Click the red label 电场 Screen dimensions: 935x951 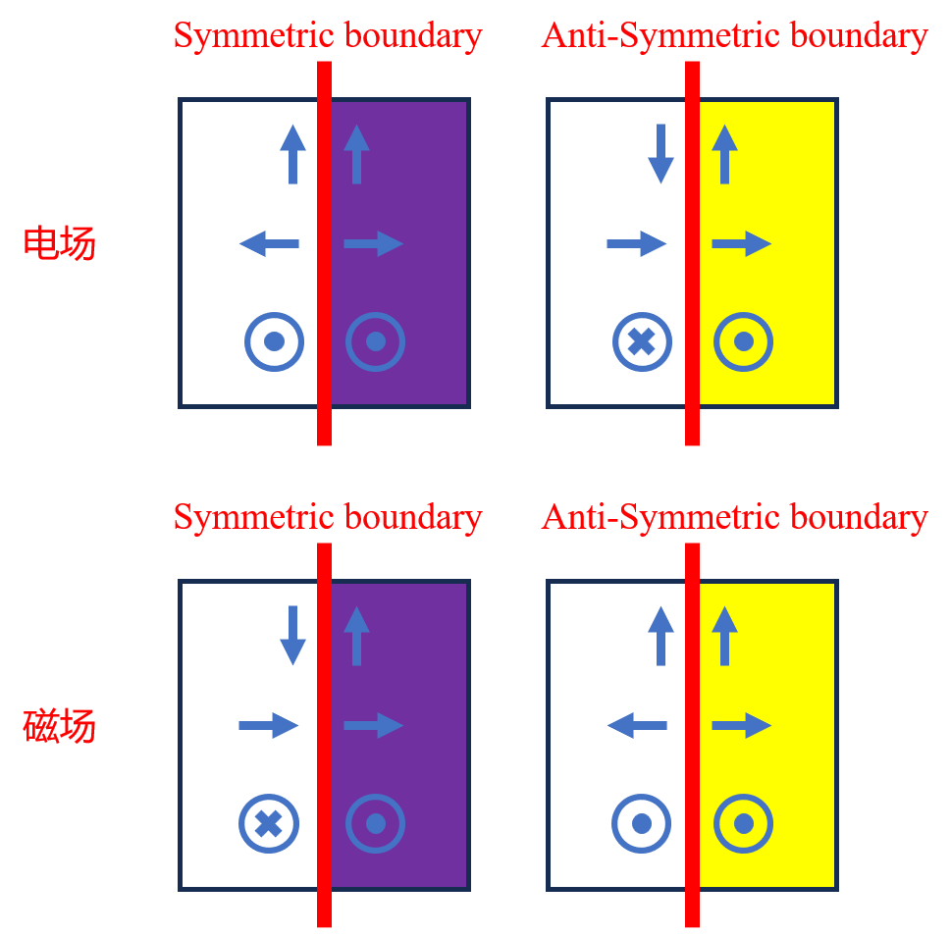(59, 243)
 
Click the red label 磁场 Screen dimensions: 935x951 (59, 726)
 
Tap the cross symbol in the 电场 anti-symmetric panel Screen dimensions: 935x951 (642, 341)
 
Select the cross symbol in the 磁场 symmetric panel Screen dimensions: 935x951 (268, 823)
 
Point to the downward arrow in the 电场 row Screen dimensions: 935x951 (661, 154)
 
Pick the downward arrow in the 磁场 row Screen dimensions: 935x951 (292, 637)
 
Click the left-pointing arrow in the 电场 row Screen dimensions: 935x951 (269, 243)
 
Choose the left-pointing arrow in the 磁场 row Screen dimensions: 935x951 (637, 726)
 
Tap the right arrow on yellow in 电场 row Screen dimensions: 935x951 (742, 243)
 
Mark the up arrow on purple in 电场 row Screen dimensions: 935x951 (356, 154)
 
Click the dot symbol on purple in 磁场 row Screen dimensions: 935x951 (376, 823)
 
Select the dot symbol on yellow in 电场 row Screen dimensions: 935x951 (743, 341)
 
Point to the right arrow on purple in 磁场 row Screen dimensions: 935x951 (374, 726)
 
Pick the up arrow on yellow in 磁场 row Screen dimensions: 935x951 (724, 637)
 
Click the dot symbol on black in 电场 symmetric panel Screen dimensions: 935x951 (274, 341)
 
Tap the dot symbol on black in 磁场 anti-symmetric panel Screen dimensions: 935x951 (642, 823)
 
